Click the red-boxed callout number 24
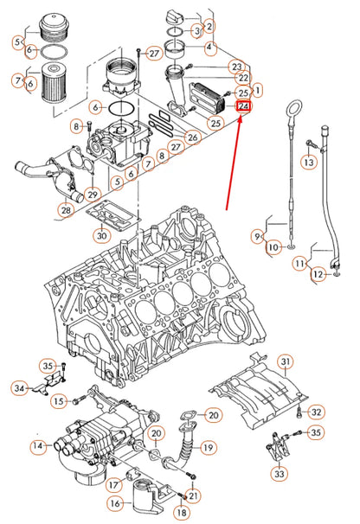point(243,107)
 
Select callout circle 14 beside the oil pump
point(38,447)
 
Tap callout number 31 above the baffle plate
point(286,361)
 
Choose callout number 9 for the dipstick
point(258,235)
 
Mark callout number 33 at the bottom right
point(279,475)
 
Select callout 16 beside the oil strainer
point(115,503)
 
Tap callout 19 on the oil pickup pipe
point(208,447)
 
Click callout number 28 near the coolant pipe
point(66,210)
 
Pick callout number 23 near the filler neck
point(236,67)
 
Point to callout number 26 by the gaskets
point(192,136)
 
